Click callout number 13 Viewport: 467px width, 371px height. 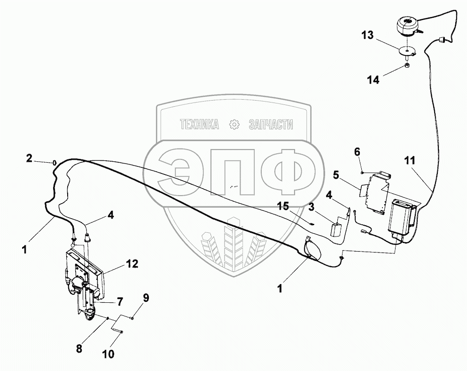click(368, 36)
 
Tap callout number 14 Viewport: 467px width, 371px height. click(373, 80)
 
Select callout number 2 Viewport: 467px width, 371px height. click(29, 158)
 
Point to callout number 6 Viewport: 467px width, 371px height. click(357, 151)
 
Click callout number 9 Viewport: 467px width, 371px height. click(146, 298)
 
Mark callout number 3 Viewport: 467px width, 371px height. click(312, 205)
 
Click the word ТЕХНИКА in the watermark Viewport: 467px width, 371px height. click(200, 125)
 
